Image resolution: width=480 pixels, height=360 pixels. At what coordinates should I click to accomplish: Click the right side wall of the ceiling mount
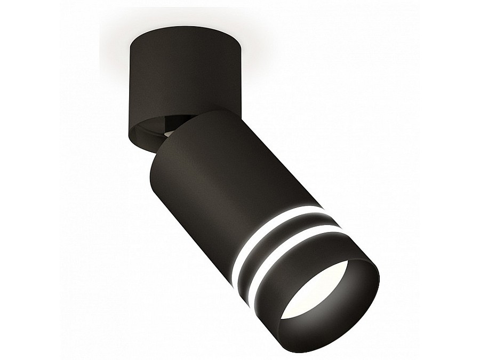(235, 80)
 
